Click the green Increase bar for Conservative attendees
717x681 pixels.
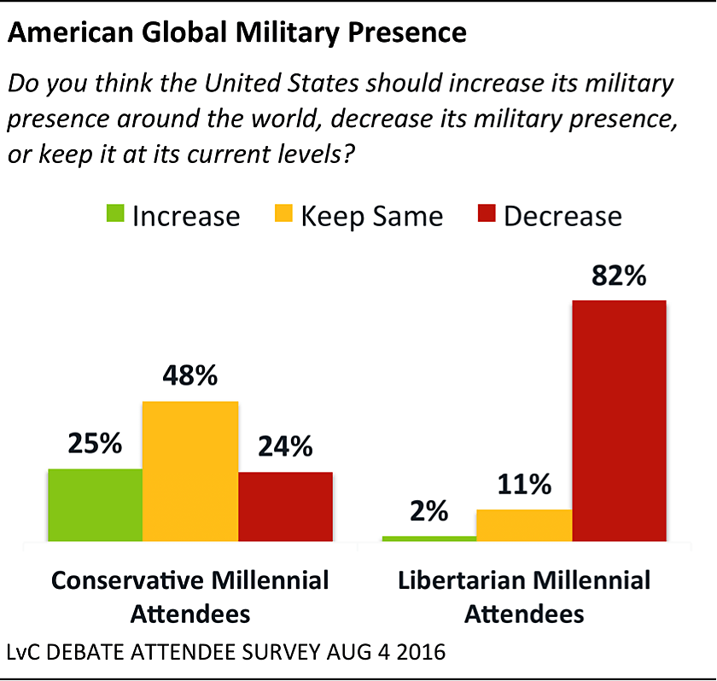(95, 504)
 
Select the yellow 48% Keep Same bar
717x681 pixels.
(189, 471)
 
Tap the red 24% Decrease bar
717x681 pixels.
(285, 506)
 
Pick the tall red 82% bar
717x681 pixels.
(619, 420)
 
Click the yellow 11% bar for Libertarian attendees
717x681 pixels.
(523, 525)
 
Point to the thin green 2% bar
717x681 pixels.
(428, 538)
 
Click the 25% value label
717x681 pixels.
(95, 445)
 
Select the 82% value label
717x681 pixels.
(619, 278)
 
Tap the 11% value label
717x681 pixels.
(523, 486)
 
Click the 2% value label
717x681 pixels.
(428, 512)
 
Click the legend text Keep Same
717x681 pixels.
(371, 216)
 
